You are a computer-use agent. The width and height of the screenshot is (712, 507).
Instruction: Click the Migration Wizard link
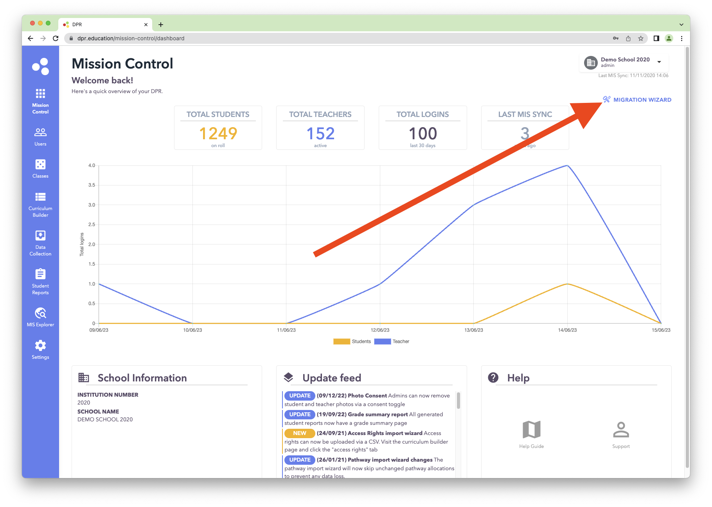[642, 100]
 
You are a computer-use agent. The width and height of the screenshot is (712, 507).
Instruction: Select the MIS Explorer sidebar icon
[40, 313]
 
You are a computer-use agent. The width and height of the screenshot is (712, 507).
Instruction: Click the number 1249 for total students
[218, 134]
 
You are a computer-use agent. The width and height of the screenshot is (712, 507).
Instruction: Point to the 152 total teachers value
[320, 134]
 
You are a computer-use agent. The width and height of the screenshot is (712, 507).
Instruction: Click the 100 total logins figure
[423, 134]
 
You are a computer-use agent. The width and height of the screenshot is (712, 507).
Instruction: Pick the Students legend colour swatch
[342, 342]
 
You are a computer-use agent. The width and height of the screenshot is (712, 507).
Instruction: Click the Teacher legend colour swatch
[382, 342]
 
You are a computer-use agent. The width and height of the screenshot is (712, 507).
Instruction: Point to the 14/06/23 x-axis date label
[567, 330]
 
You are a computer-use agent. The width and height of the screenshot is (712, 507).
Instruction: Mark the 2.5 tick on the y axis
[92, 225]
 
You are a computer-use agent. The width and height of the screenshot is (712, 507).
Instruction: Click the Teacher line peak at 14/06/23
[567, 165]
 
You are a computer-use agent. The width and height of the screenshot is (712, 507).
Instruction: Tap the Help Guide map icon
[531, 430]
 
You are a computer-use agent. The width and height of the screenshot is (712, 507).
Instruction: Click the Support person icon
[621, 430]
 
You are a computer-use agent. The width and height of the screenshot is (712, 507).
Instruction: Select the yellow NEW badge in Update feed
[300, 433]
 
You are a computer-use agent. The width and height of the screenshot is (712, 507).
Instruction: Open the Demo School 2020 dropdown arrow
[659, 62]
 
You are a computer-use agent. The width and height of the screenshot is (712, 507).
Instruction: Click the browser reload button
[56, 38]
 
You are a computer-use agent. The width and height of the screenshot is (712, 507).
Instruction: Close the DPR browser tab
[146, 25]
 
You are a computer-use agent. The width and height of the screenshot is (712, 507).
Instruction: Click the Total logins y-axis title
[82, 245]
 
